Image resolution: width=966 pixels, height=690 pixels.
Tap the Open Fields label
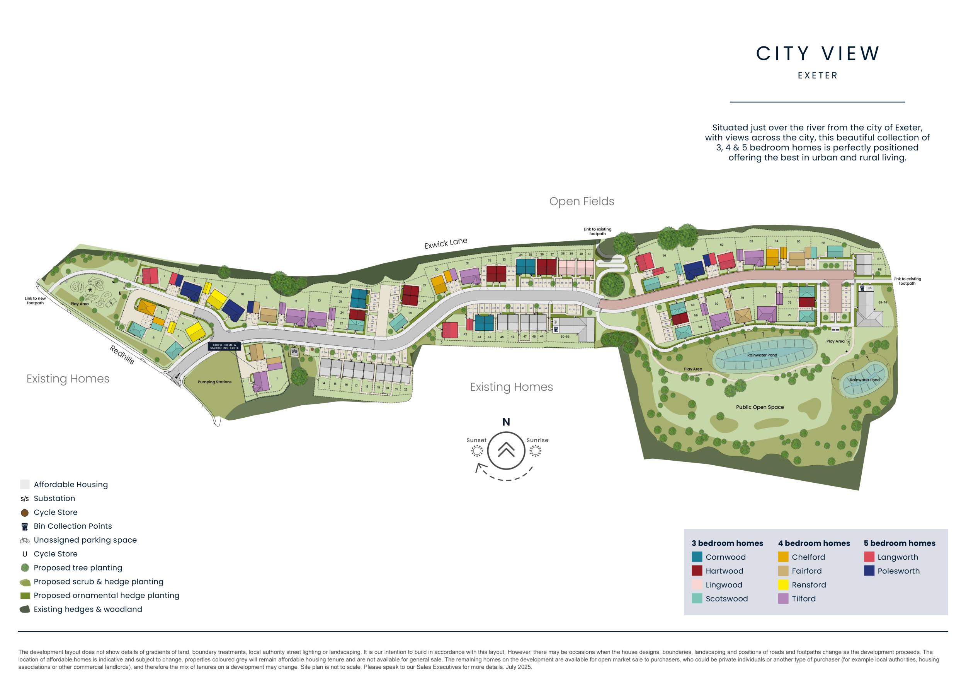(582, 202)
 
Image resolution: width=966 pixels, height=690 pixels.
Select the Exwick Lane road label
(446, 243)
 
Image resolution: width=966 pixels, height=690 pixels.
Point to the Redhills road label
(122, 354)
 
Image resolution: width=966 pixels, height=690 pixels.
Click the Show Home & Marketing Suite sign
(225, 346)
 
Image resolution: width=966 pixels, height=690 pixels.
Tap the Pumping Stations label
(214, 382)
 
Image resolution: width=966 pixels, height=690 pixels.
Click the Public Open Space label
(760, 407)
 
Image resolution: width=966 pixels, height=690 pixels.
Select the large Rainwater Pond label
(762, 355)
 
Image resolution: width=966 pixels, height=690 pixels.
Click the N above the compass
(506, 422)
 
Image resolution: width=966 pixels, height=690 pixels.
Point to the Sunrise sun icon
(536, 451)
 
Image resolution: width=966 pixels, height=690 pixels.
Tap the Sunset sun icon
(477, 451)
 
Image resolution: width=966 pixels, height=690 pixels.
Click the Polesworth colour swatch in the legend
(869, 570)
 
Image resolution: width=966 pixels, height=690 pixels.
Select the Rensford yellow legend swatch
(783, 585)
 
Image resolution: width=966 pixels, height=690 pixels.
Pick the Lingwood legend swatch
(697, 585)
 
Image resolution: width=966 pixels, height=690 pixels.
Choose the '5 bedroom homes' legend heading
(900, 543)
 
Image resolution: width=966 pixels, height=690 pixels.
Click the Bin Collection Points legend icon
(25, 526)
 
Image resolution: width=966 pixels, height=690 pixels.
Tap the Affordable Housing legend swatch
(25, 484)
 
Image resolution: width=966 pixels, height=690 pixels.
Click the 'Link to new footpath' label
(35, 301)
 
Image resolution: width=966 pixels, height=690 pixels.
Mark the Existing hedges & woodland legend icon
(25, 609)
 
